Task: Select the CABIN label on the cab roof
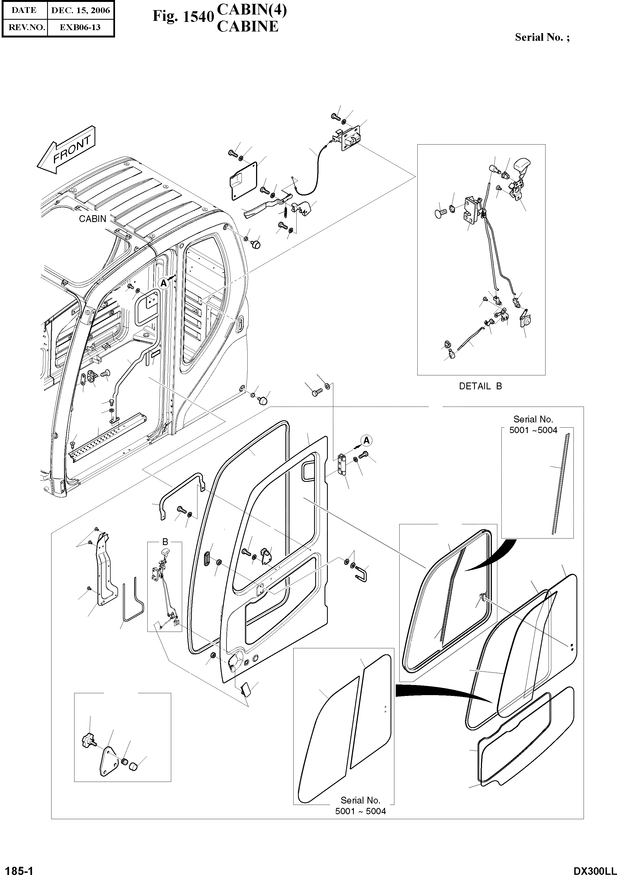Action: pos(92,219)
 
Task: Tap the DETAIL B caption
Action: pos(480,386)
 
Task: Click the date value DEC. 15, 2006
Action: pos(81,10)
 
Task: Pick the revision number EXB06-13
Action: pos(81,27)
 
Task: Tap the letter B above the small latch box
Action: pos(165,542)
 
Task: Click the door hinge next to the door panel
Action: pos(343,465)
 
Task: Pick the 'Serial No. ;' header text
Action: pos(542,37)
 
